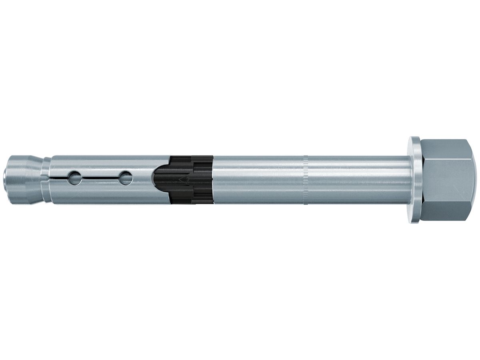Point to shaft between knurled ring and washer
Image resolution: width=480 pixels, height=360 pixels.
[356, 180]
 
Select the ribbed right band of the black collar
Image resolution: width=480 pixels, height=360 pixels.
[202, 180]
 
